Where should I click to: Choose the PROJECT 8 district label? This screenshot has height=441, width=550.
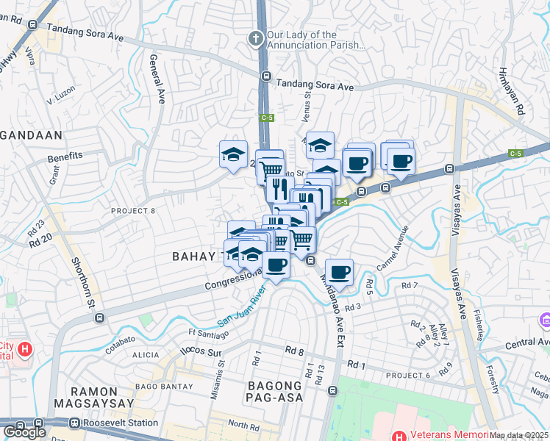pyautogui.click(x=133, y=211)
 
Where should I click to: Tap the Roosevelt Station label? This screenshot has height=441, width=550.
pyautogui.click(x=121, y=423)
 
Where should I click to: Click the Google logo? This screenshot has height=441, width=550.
pyautogui.click(x=24, y=432)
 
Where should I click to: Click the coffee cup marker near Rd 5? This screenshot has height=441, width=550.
pyautogui.click(x=339, y=273)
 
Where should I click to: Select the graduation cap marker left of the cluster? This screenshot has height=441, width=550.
pyautogui.click(x=233, y=154)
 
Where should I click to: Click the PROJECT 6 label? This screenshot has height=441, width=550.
pyautogui.click(x=411, y=375)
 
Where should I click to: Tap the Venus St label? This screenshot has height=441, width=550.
pyautogui.click(x=307, y=103)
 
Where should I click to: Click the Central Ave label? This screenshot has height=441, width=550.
pyautogui.click(x=526, y=343)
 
